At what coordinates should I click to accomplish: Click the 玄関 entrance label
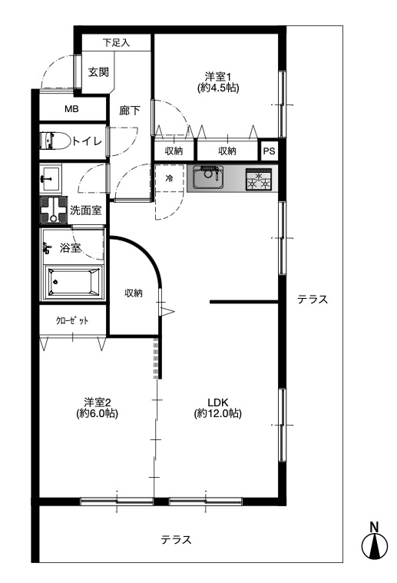click(98, 71)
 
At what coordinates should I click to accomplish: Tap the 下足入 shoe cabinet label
click(116, 43)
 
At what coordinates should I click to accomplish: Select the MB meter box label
click(71, 109)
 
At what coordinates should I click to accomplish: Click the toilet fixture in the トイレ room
click(55, 141)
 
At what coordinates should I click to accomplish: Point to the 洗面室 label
click(85, 210)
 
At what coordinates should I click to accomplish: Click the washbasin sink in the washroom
click(50, 179)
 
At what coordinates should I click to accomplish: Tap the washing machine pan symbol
click(54, 210)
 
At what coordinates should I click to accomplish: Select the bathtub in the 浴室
click(73, 281)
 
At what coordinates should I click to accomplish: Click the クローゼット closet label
click(71, 320)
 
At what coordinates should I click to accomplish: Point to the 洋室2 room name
click(97, 402)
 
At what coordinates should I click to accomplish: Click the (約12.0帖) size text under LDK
click(218, 413)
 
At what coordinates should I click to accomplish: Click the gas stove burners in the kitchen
click(259, 180)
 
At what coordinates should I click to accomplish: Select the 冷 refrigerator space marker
click(169, 178)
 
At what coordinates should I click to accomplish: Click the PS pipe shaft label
click(269, 151)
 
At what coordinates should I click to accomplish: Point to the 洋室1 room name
click(218, 77)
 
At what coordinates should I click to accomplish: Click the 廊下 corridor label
click(130, 111)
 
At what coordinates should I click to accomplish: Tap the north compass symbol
click(374, 542)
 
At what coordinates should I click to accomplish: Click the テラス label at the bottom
click(176, 539)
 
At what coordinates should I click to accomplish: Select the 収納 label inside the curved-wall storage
click(133, 293)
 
